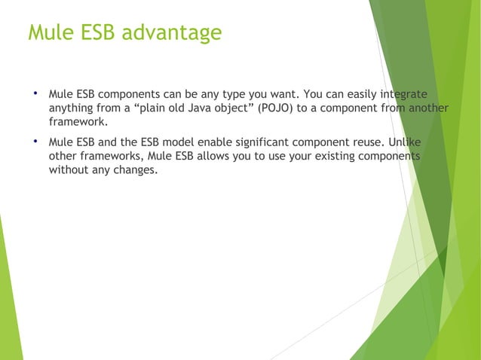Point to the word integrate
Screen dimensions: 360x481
(x=403, y=95)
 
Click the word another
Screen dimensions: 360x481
(x=427, y=109)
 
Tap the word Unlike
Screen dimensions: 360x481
(x=403, y=142)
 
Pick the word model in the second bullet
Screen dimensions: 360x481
(x=177, y=142)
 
